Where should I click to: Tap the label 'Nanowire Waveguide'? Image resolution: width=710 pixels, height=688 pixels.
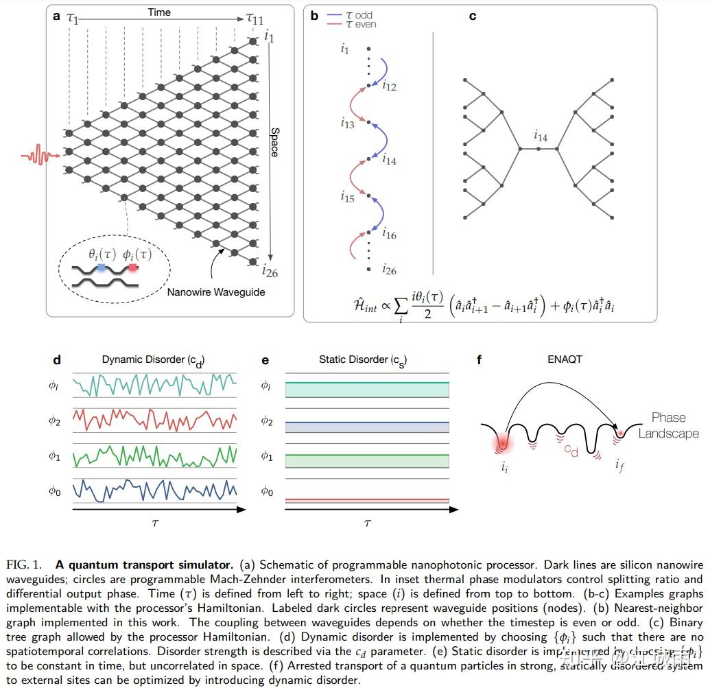point(215,292)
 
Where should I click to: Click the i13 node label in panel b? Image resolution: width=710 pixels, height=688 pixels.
point(347,123)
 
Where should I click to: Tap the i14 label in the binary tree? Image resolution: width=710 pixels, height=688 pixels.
point(541,137)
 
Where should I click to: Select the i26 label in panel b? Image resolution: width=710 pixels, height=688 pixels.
point(388,270)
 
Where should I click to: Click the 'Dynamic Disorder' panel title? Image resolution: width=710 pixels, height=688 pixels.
point(153,359)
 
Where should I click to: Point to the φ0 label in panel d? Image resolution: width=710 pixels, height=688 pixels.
point(54,492)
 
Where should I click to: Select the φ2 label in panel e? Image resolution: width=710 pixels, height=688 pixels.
point(267,421)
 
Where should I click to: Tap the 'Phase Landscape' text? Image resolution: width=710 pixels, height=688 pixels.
point(668,425)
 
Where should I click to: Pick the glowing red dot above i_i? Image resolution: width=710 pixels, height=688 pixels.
point(504,444)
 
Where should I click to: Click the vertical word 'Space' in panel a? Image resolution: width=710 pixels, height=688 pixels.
point(274,142)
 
